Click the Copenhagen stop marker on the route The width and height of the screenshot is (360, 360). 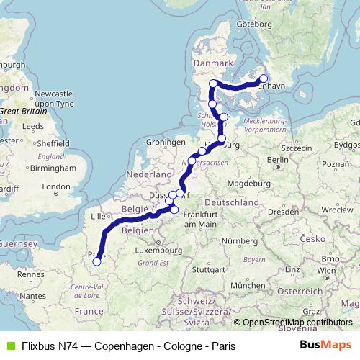264,79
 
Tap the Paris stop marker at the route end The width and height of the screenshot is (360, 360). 96,262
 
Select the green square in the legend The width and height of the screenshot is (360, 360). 9,345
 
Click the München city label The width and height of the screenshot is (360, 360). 248,287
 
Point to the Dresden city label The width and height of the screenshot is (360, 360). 285,212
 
